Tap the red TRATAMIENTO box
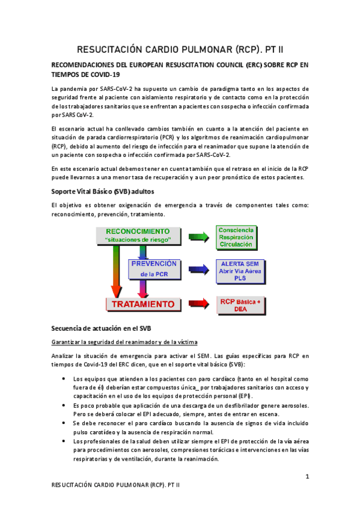143,304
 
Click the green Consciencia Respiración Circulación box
236,237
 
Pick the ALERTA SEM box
239,271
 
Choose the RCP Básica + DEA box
240,304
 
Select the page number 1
307,477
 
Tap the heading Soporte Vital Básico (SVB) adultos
103,191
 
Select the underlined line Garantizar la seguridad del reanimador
124,342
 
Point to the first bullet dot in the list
64,378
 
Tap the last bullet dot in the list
64,441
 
